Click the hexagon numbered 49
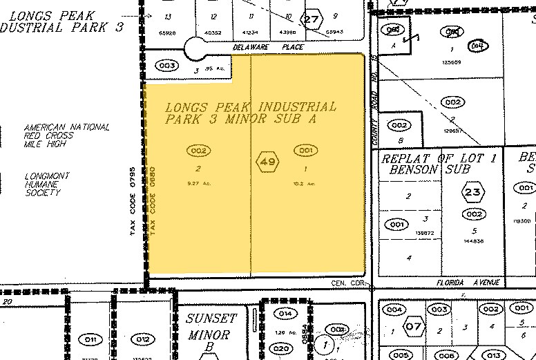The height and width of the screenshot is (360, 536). pyautogui.click(x=268, y=163)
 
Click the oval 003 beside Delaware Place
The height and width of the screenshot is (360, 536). pyautogui.click(x=168, y=66)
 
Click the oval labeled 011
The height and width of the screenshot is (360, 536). pyautogui.click(x=90, y=339)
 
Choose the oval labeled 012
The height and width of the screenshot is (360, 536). pyautogui.click(x=142, y=339)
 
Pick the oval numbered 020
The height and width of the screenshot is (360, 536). pyautogui.click(x=280, y=348)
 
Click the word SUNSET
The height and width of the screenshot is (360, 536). pyautogui.click(x=211, y=319)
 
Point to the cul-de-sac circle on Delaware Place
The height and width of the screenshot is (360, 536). pyautogui.click(x=195, y=50)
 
